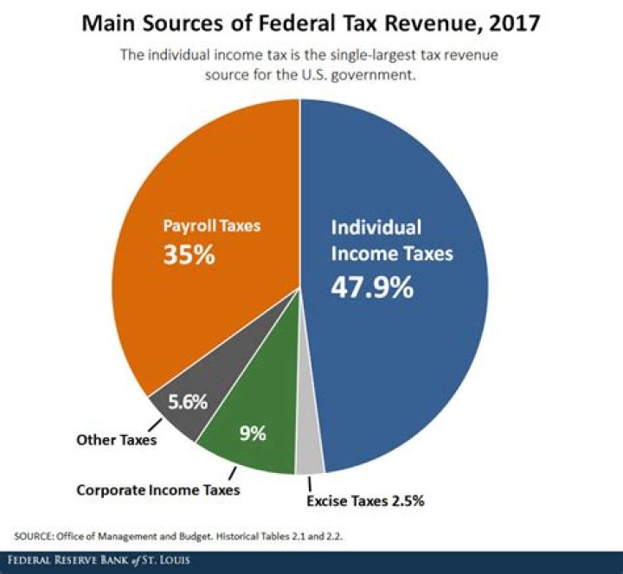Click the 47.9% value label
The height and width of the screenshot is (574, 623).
(372, 287)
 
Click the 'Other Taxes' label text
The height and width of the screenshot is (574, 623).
(115, 441)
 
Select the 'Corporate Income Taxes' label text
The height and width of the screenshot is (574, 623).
(157, 489)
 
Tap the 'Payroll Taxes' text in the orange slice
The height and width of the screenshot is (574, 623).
(212, 226)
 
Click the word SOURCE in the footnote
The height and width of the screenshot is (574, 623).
(35, 536)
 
